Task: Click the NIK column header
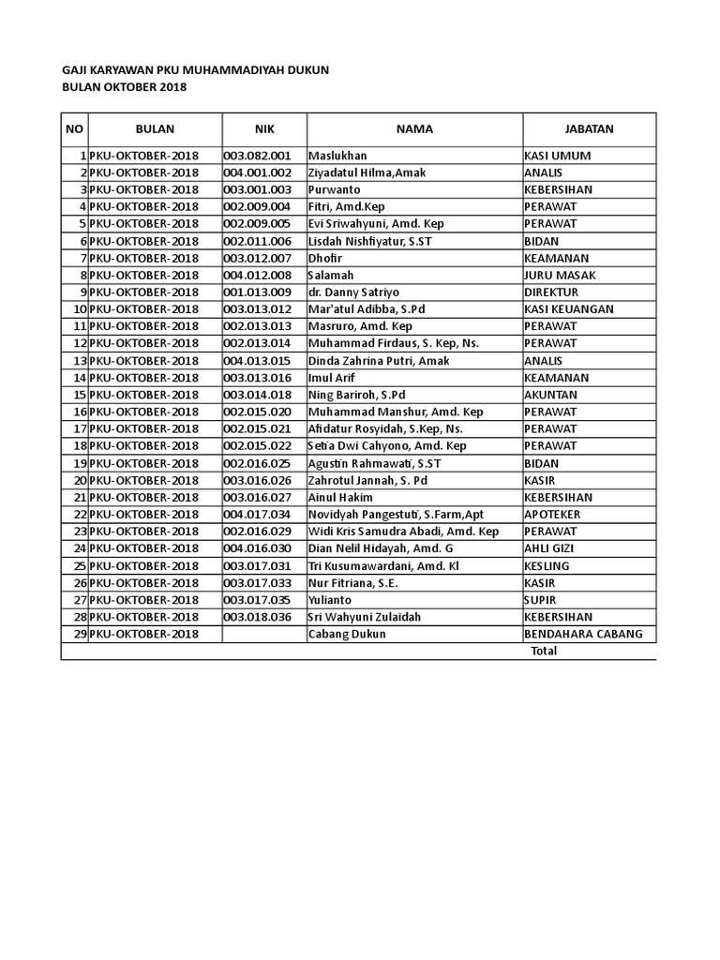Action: (x=263, y=129)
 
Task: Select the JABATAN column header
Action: (x=590, y=129)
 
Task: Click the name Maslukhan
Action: (x=337, y=156)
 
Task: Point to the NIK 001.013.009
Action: (x=258, y=292)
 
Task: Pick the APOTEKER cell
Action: (x=552, y=515)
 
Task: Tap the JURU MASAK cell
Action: (x=561, y=275)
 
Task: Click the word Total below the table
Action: (x=544, y=651)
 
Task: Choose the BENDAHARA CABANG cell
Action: (x=583, y=634)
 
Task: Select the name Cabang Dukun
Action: (x=346, y=634)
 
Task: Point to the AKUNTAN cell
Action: (x=550, y=395)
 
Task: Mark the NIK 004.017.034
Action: (x=258, y=515)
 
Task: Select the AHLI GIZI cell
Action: (x=548, y=548)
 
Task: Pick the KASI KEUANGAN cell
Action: (x=569, y=308)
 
